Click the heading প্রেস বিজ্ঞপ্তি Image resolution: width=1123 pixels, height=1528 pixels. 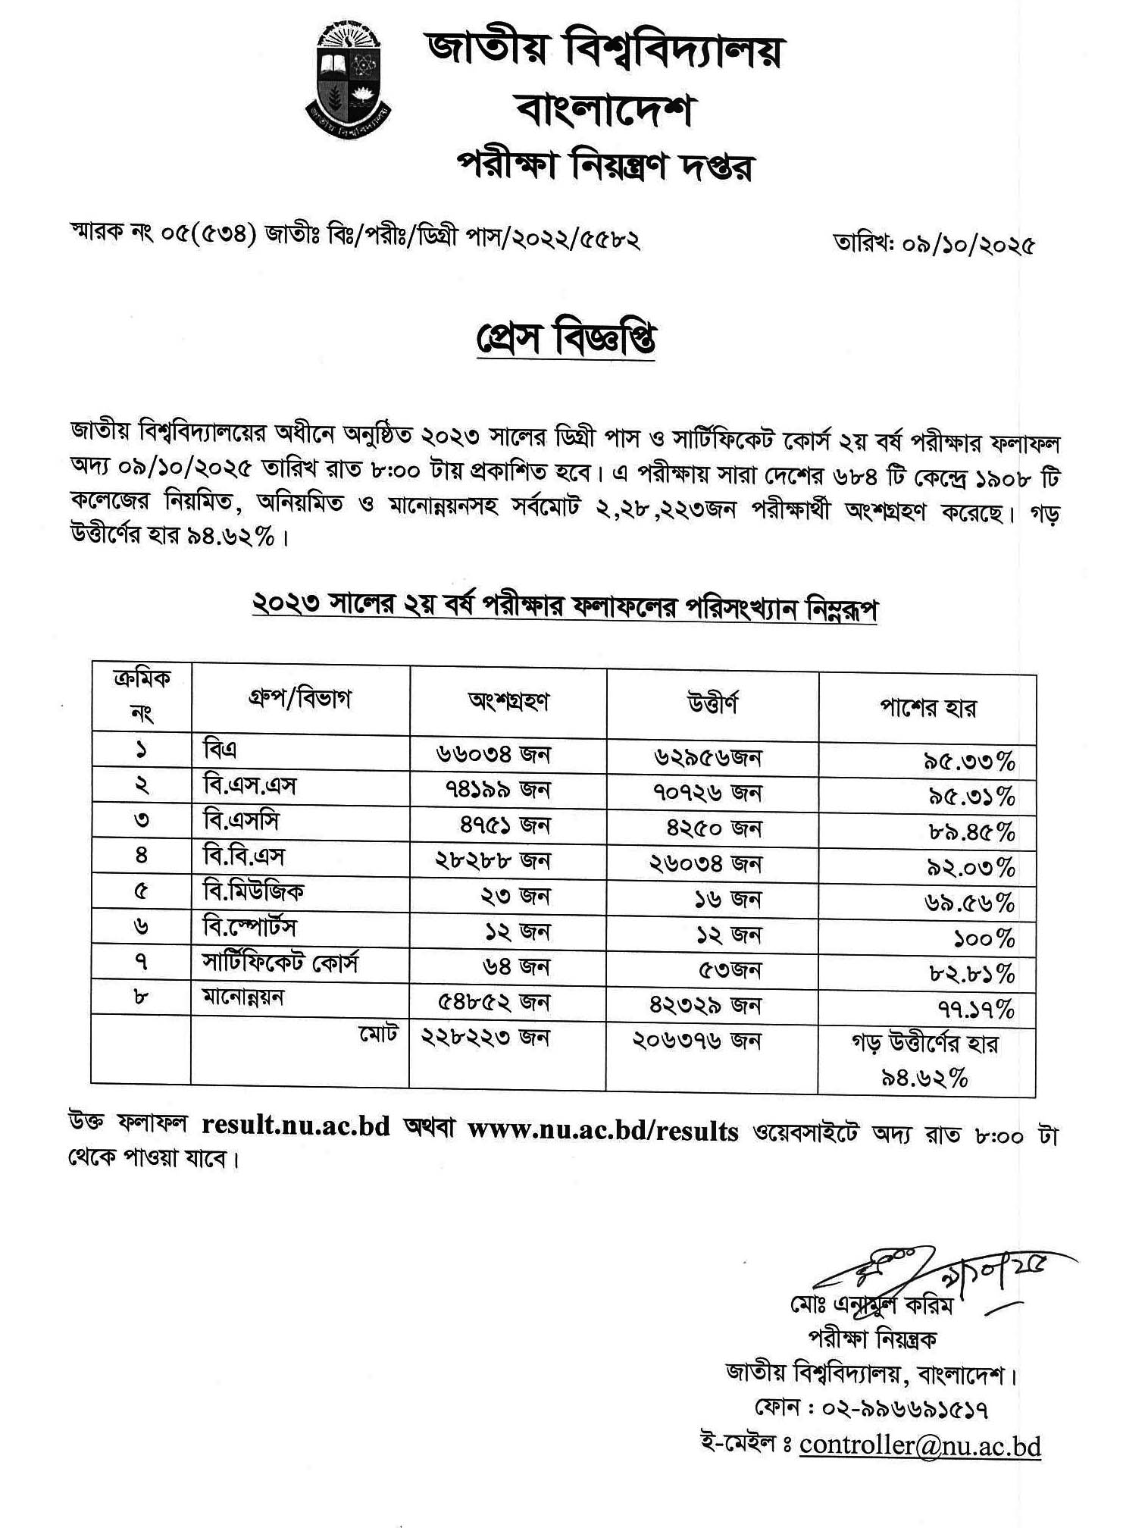pos(565,339)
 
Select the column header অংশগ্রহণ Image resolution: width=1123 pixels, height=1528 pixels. pos(508,701)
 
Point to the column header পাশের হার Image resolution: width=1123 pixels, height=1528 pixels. pos(927,708)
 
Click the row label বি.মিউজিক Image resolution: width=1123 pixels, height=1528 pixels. pos(253,891)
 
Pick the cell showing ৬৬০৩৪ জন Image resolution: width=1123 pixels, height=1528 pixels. pos(493,753)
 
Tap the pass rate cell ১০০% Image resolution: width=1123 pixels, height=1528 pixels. pos(984,939)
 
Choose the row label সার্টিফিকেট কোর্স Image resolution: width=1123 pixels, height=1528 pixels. pos(280,963)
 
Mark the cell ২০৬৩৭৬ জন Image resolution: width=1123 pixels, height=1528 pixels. pos(696,1041)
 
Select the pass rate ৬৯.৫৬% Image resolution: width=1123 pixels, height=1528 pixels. pos(969,903)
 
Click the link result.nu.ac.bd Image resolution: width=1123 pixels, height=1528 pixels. pos(296,1126)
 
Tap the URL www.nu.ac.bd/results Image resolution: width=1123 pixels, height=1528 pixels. pos(602,1131)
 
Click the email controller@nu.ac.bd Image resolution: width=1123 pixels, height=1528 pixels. pos(920,1445)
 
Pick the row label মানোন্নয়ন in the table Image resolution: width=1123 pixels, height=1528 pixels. pos(242,997)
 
